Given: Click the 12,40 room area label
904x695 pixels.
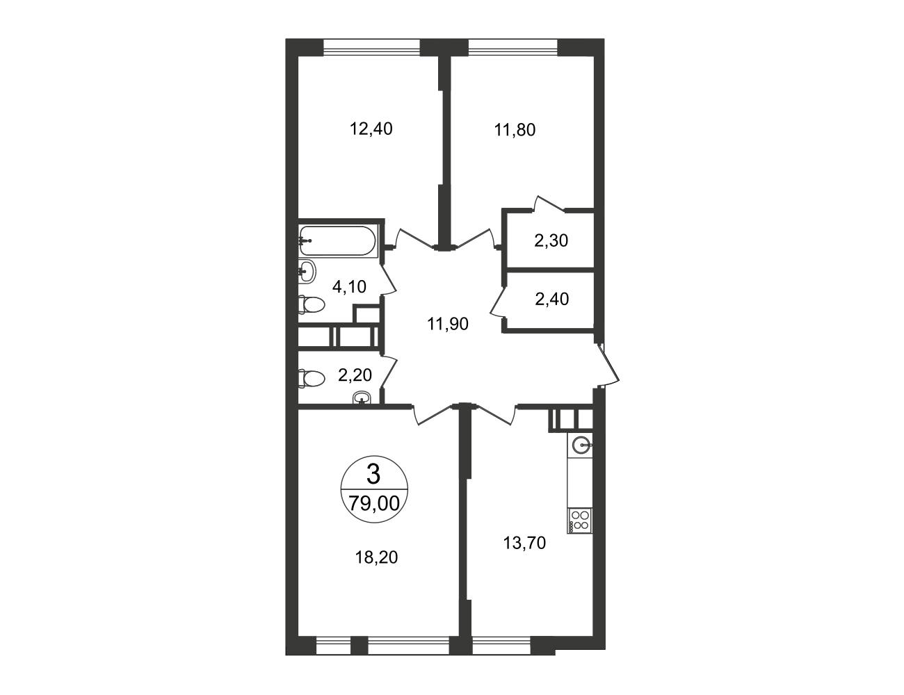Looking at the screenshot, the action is (371, 129).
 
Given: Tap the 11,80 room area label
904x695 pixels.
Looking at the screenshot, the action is (515, 130).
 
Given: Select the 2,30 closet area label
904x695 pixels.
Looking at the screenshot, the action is (551, 240).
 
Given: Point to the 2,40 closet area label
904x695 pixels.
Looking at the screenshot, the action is (551, 299).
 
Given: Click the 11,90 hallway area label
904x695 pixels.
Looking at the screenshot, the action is (448, 324).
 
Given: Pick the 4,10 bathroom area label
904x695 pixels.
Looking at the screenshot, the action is (349, 286).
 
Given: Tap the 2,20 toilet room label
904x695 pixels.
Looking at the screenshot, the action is (355, 375).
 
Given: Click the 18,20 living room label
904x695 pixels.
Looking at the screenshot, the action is (376, 557).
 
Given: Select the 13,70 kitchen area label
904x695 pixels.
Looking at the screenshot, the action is (524, 543).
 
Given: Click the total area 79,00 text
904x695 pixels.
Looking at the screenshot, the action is (374, 503).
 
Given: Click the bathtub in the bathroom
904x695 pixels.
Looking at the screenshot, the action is (337, 240).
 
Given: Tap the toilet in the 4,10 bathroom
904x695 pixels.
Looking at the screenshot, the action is (312, 304).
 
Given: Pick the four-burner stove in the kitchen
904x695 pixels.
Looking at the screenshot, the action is (579, 521).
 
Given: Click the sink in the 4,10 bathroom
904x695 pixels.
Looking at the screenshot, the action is (307, 272).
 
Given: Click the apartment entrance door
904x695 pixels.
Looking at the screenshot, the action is (608, 365).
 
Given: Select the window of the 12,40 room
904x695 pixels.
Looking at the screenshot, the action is (371, 47).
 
